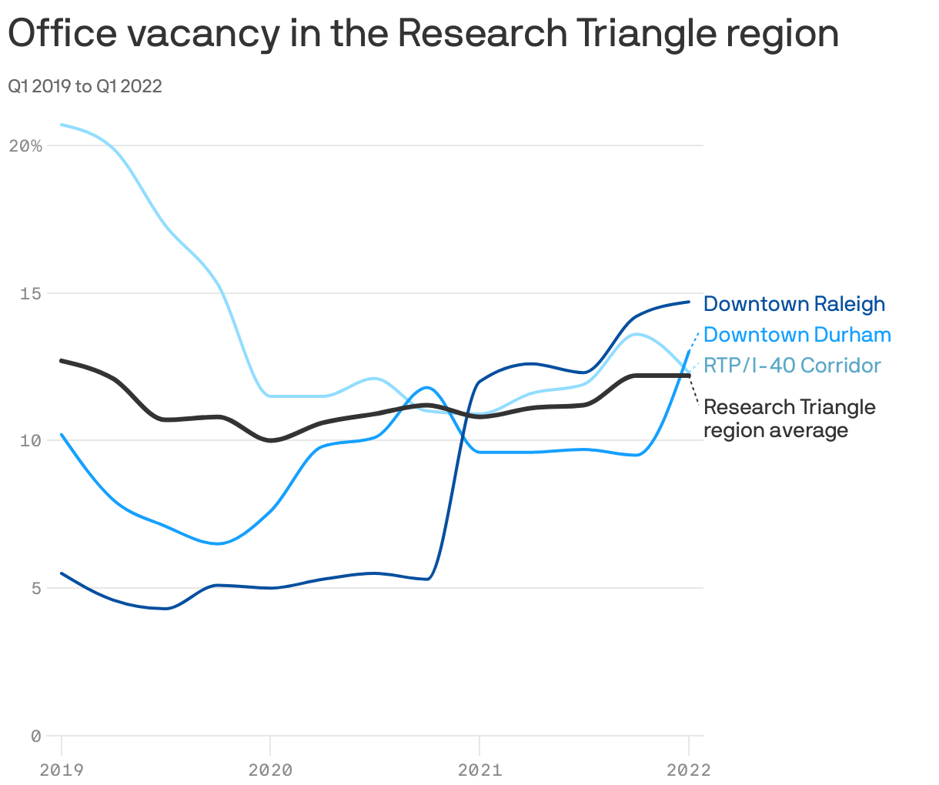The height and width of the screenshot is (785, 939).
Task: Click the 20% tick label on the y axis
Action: click(x=25, y=145)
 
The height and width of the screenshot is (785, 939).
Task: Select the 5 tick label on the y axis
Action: click(x=35, y=588)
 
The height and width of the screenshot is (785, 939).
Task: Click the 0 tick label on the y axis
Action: click(x=35, y=736)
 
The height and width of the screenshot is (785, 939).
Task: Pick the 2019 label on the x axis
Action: click(x=62, y=770)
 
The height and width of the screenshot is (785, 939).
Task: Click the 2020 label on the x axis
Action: click(x=270, y=770)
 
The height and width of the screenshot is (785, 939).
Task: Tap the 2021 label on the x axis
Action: click(x=480, y=770)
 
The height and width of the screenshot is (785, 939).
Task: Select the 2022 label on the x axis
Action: click(x=688, y=770)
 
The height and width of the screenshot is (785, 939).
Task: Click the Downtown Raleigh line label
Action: click(x=794, y=304)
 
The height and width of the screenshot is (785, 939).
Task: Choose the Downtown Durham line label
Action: click(x=797, y=335)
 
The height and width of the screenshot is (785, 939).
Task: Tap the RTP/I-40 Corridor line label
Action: click(x=792, y=366)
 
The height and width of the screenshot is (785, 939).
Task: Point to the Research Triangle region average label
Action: click(x=789, y=419)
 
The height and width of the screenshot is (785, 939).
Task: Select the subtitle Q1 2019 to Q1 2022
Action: click(x=85, y=86)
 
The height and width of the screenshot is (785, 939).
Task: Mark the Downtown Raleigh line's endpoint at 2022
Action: click(x=689, y=302)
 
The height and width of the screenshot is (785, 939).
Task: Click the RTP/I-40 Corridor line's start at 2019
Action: click(x=62, y=125)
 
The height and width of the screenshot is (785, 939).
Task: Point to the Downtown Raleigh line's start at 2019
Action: click(x=62, y=573)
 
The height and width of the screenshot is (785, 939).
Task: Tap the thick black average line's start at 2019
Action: click(x=62, y=360)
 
